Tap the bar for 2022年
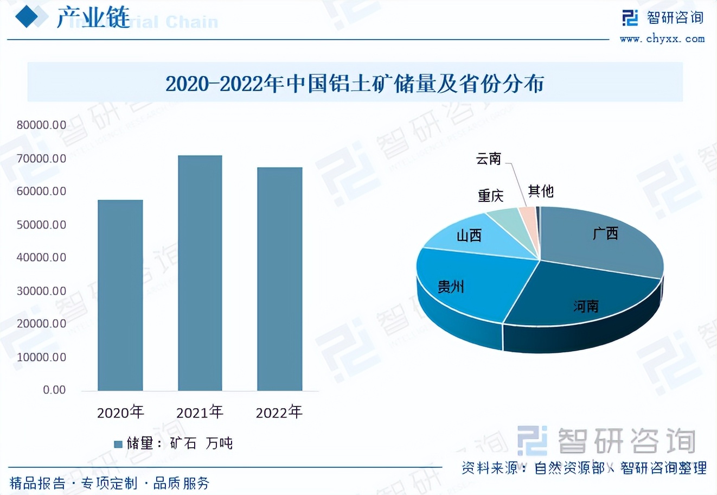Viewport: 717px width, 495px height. tap(279, 279)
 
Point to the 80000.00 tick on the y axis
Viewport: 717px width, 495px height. tap(41, 125)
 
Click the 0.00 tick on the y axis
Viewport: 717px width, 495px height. tap(54, 390)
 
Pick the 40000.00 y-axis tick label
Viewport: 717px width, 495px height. tap(41, 257)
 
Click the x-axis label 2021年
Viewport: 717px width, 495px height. tap(200, 412)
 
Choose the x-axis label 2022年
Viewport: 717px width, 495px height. tap(279, 412)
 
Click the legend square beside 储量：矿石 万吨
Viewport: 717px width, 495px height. tap(118, 444)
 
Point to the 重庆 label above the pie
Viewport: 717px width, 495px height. tap(490, 195)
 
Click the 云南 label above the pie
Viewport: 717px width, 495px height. tap(488, 158)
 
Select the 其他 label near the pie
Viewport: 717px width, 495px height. tap(541, 191)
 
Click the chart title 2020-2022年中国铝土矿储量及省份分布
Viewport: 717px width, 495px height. tap(355, 84)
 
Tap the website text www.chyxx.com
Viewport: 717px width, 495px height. tap(662, 39)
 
